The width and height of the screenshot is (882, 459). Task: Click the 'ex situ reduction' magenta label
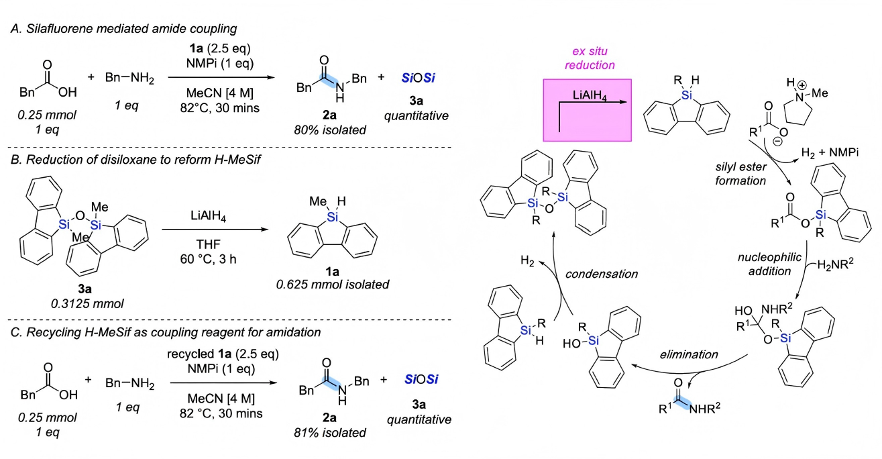point(587,58)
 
